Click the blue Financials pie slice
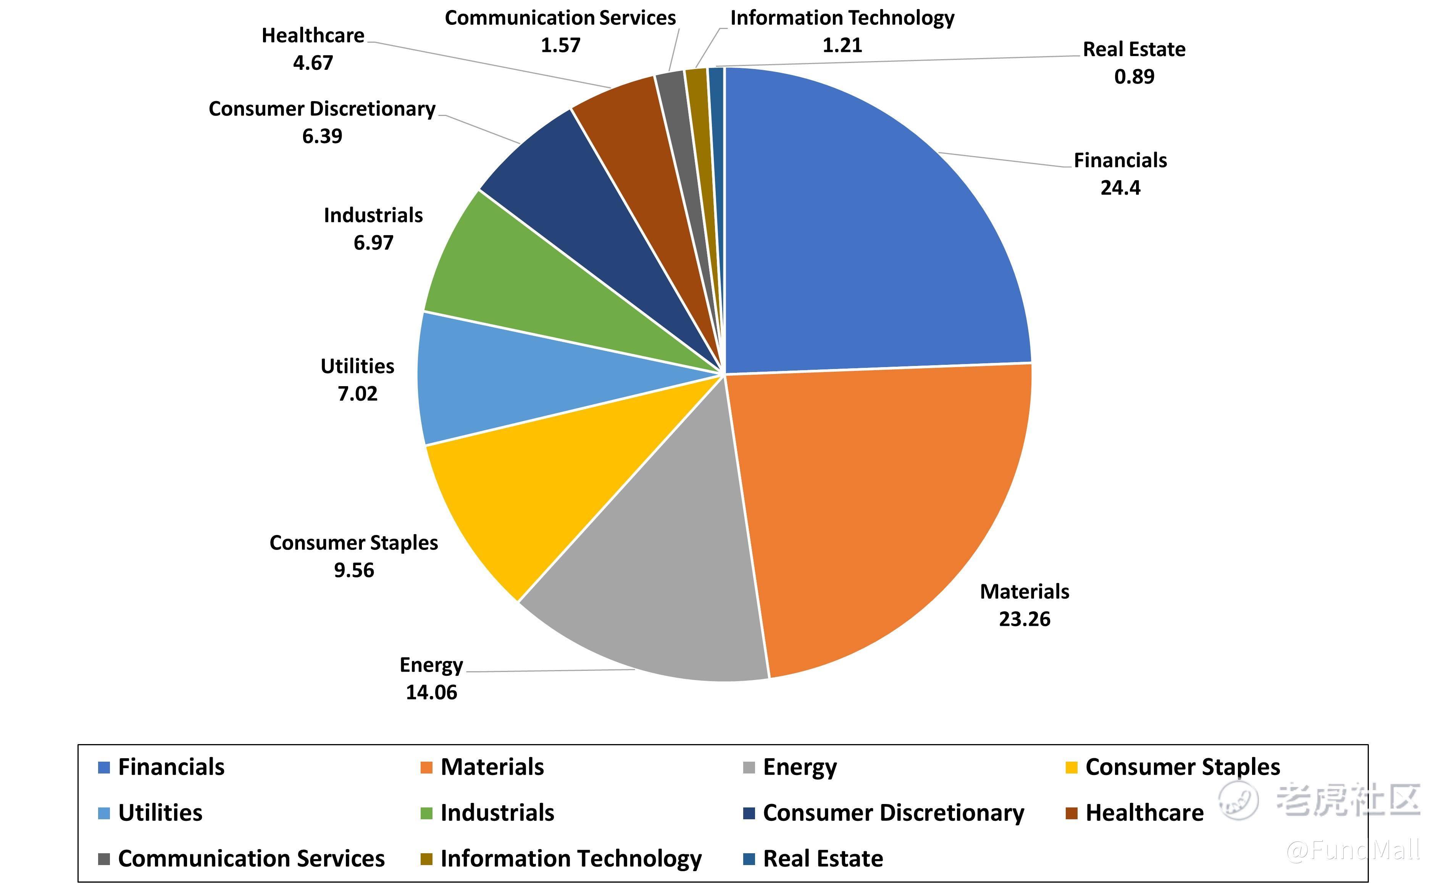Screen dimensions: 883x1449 [x=870, y=235]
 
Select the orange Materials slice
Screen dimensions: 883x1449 [x=882, y=506]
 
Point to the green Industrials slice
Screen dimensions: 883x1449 [x=529, y=282]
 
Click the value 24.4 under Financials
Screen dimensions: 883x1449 [x=1120, y=187]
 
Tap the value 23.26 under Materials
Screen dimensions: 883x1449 [x=1025, y=619]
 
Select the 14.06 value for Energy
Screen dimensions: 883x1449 [x=431, y=693]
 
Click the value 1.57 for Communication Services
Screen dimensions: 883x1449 [x=560, y=45]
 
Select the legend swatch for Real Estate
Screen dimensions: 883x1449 [x=749, y=859]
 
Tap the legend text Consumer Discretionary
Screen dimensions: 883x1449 [x=893, y=813]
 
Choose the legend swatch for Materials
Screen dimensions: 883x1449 [x=426, y=767]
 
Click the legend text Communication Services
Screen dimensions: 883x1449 [x=251, y=859]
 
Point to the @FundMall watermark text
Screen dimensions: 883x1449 [x=1352, y=849]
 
